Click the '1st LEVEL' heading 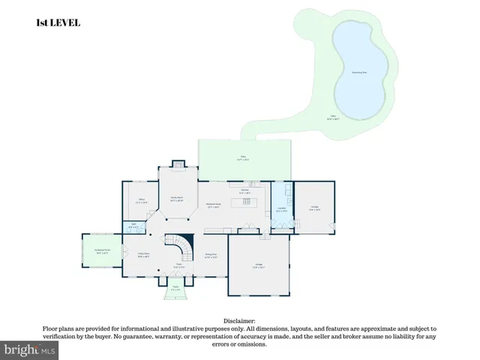(58, 23)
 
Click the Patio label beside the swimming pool (332, 117)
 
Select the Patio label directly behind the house (243, 157)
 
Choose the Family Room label (177, 200)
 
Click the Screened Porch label (102, 251)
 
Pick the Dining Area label (211, 255)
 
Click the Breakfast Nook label (212, 206)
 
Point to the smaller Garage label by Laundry (314, 209)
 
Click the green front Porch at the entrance (175, 289)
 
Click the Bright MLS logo (30, 350)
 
